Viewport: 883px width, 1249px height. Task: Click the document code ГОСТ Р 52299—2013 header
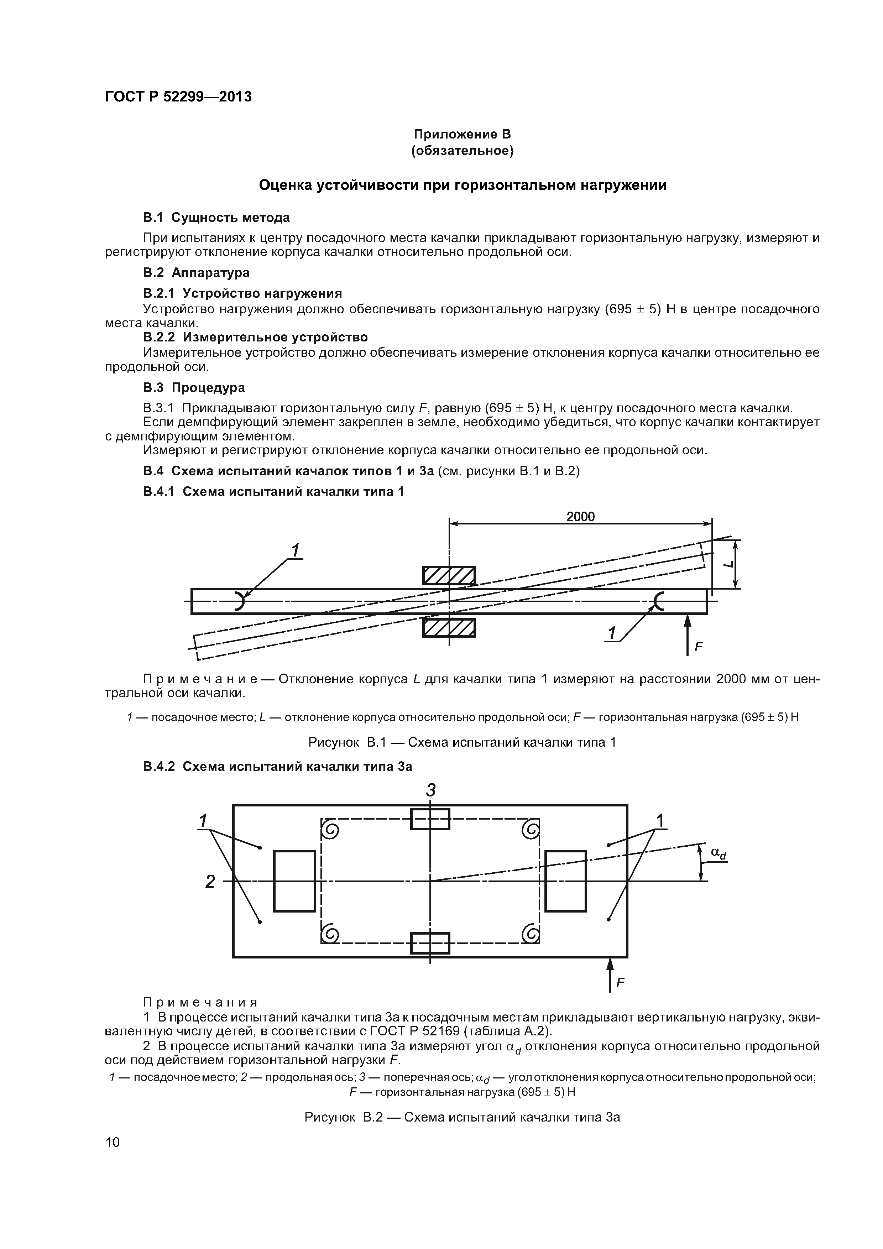tap(178, 97)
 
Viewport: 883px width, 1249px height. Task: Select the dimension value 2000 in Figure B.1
tap(580, 516)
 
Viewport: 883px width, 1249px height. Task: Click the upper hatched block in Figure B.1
tap(449, 575)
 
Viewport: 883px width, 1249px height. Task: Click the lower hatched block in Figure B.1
tap(449, 627)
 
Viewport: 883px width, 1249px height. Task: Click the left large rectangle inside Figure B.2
tap(294, 881)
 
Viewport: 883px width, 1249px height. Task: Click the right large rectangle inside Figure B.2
tap(565, 881)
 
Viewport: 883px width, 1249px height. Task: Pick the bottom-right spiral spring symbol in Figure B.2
tap(531, 934)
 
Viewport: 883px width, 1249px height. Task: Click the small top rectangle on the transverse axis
tap(430, 819)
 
